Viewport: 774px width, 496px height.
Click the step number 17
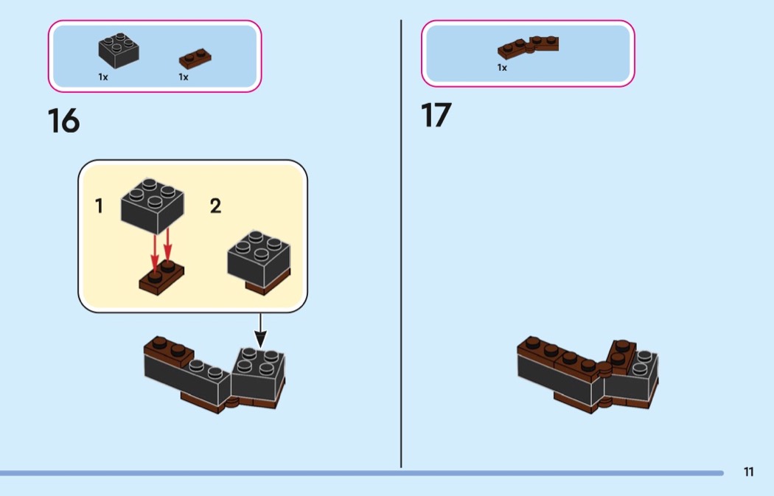coord(436,116)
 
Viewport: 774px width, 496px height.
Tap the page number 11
coord(748,472)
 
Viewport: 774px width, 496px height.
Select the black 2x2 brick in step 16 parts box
coord(119,50)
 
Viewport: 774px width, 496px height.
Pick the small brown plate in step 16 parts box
coord(195,58)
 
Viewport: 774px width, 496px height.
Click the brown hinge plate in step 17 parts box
coord(528,46)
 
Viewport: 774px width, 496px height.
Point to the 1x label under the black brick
coord(102,77)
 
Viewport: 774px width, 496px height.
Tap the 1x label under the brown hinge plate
coord(502,68)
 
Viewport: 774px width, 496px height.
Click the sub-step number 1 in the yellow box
coord(99,206)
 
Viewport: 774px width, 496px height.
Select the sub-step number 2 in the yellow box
coord(215,206)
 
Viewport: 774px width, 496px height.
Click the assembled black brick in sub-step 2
coord(257,259)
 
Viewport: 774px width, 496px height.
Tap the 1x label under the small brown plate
coord(183,77)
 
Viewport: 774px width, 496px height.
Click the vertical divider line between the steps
coord(401,243)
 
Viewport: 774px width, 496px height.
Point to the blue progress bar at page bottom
coord(361,473)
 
